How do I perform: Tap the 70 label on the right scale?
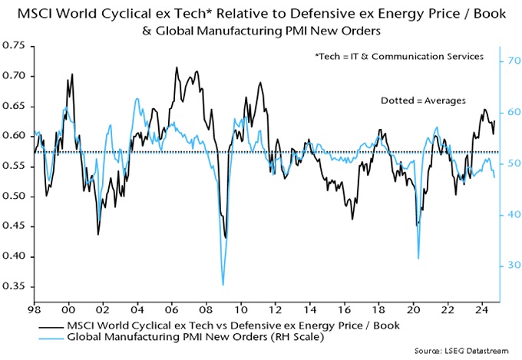(x=510, y=61)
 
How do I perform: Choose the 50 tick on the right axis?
(x=510, y=163)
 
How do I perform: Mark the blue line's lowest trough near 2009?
(x=223, y=285)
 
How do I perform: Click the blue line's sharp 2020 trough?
(x=418, y=259)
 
